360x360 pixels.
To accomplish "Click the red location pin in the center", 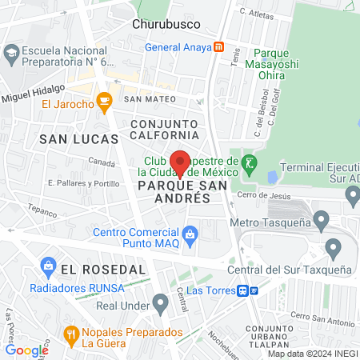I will [180, 163].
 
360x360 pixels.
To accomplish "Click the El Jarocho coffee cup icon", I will [103, 102].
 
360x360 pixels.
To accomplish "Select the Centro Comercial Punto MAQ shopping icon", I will [190, 234].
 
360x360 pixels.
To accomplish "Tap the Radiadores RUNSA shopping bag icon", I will [47, 265].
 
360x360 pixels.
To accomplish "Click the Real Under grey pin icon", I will [161, 303].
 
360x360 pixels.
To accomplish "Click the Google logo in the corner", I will [26, 350].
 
